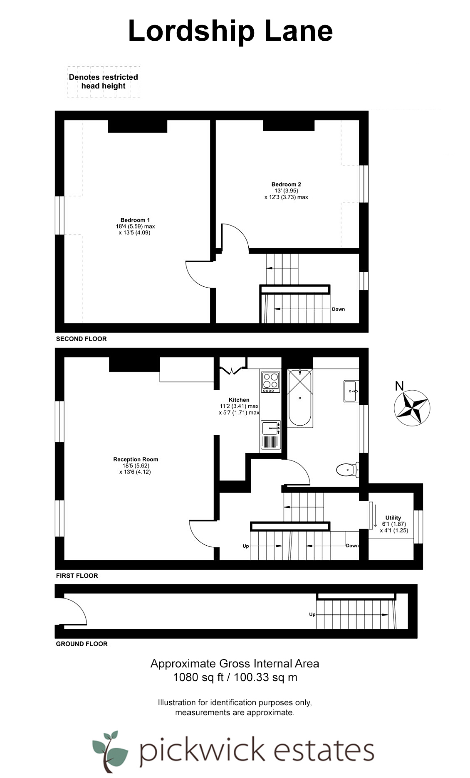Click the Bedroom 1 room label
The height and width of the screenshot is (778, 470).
pos(135,220)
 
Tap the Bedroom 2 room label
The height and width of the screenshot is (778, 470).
pos(286,184)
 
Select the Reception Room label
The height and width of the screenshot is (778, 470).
pos(136,459)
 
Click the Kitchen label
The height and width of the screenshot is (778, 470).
pos(239,400)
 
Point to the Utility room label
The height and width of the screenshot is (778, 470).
pos(393,517)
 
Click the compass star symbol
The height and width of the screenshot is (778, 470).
pos(412,408)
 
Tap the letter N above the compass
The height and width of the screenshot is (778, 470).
pos(399,386)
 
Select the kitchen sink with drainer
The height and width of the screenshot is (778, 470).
pos(271,434)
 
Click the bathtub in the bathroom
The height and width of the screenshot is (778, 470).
pos(300,398)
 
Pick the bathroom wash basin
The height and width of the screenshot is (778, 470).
pos(351,391)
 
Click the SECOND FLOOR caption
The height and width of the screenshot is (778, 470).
pos(82,339)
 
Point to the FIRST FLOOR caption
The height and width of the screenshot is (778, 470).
pos(77,576)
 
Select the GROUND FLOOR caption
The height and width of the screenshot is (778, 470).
pos(82,644)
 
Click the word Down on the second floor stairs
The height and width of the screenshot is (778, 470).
pos(338,309)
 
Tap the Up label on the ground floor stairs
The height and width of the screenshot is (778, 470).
pos(312,614)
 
